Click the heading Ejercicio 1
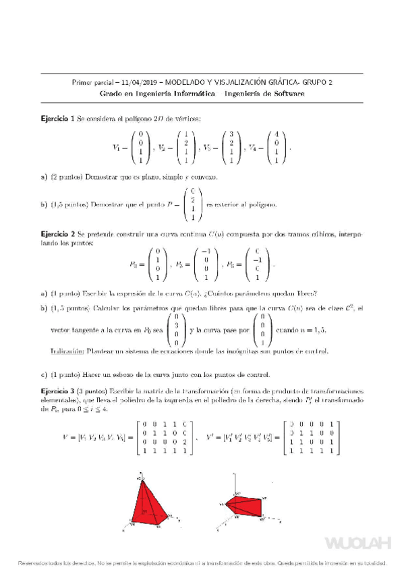[58, 119]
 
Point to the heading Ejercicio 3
[58, 391]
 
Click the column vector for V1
[140, 147]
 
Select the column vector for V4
[275, 147]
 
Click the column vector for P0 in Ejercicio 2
[157, 263]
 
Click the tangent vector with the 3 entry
[175, 330]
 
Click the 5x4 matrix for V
[164, 437]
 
